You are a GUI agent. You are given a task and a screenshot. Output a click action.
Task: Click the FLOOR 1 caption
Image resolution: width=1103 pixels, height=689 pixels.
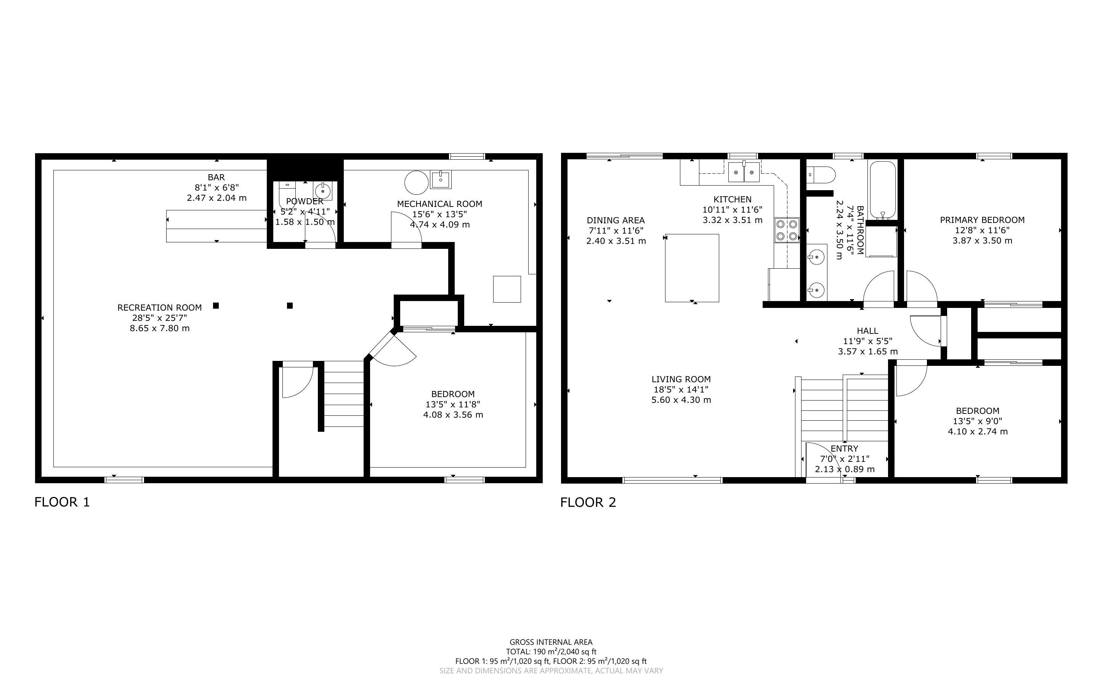click(x=63, y=502)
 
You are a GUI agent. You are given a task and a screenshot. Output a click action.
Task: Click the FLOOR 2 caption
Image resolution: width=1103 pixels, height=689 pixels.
click(x=588, y=502)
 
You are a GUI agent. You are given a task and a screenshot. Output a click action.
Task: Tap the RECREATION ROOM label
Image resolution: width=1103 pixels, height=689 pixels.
click(x=159, y=308)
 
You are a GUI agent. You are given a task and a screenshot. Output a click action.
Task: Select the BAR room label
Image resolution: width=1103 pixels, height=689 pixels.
click(x=216, y=177)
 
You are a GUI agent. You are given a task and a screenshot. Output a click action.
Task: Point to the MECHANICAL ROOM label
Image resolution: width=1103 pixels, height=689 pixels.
click(x=440, y=204)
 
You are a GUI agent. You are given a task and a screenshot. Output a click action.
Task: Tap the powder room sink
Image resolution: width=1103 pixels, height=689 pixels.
click(x=322, y=191)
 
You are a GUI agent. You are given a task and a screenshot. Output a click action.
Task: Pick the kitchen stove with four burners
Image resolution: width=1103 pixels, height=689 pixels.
click(x=787, y=230)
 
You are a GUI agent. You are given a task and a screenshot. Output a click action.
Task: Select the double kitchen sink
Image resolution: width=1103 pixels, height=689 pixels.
click(x=744, y=172)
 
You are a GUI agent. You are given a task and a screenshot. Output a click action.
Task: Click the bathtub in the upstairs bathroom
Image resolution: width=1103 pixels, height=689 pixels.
click(x=882, y=191)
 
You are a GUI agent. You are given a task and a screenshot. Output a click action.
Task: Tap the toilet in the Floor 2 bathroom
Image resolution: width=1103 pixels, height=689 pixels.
click(x=821, y=174)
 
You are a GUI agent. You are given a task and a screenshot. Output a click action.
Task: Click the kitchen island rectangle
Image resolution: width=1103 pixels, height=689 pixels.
click(x=692, y=268)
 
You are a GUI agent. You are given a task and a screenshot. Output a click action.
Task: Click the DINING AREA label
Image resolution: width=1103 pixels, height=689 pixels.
click(x=616, y=221)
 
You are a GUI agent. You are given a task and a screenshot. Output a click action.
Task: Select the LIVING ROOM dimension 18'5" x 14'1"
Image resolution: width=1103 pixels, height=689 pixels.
click(x=681, y=389)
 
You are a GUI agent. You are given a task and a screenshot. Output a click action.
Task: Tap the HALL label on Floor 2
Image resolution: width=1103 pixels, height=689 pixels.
click(x=867, y=331)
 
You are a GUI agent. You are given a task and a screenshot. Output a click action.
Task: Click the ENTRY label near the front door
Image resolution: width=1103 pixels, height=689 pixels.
click(x=844, y=449)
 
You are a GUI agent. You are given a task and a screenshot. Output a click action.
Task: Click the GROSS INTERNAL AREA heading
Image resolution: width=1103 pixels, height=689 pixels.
click(x=551, y=643)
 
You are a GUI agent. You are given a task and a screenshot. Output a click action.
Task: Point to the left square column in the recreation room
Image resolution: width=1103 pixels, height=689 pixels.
click(x=216, y=306)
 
